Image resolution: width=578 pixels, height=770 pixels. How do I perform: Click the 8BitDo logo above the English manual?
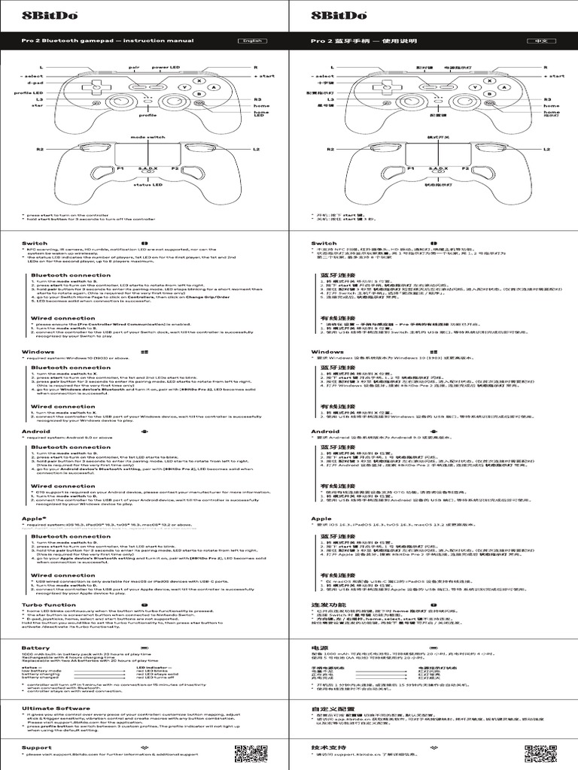click(x=35, y=15)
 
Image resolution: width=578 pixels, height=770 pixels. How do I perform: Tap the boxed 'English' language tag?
click(x=252, y=41)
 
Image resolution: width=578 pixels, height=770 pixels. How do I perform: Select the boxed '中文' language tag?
click(x=541, y=41)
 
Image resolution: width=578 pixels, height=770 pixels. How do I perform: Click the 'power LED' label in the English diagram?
click(x=166, y=68)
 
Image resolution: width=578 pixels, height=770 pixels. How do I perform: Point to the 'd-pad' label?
click(x=25, y=83)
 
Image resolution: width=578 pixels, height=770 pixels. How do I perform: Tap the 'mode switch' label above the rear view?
click(x=148, y=138)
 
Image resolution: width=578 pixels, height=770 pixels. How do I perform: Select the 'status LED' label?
click(x=148, y=183)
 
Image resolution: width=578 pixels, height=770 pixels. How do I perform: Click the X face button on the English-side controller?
click(x=199, y=80)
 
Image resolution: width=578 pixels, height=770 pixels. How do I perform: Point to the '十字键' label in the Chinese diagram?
click(x=324, y=83)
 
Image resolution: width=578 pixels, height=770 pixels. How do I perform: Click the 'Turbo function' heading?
click(x=49, y=605)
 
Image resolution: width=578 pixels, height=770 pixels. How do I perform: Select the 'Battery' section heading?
click(x=35, y=647)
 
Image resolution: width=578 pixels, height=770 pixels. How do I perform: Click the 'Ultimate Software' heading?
click(x=50, y=708)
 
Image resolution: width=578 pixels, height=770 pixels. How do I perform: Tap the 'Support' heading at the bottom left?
click(x=37, y=747)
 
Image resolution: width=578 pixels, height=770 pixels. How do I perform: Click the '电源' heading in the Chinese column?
click(x=319, y=647)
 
